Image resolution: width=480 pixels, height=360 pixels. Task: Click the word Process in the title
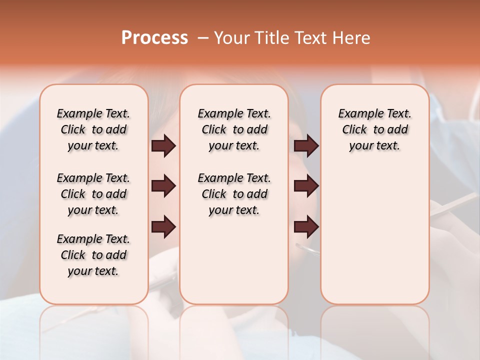154,38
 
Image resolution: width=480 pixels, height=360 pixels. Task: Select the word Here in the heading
352,38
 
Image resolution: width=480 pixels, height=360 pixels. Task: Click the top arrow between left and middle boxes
163,145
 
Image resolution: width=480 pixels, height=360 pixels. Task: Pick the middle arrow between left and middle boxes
163,186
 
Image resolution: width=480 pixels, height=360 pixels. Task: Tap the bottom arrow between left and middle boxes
163,226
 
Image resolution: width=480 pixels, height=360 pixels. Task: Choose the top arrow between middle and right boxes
306,145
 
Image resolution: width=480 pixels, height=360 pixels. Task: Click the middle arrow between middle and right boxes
306,186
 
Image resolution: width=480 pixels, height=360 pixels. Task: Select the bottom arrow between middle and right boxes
306,226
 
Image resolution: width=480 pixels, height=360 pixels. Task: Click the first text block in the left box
93,129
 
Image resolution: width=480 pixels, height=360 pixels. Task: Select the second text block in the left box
93,194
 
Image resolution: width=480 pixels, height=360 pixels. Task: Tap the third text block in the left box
93,255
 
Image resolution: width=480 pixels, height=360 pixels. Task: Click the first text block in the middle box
234,129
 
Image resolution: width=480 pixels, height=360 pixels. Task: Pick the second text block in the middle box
234,194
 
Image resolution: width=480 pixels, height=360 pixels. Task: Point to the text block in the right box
374,129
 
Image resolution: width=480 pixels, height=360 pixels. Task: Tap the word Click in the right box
354,130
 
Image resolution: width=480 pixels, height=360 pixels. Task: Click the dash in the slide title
203,38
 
